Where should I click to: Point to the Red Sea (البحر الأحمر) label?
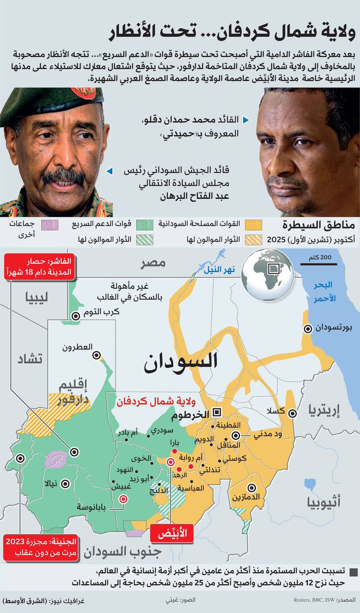pos(327,291)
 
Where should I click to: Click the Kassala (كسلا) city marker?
pos(293,413)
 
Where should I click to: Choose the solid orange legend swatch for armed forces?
pos(253,224)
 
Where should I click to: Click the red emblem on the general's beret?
pos(83,93)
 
